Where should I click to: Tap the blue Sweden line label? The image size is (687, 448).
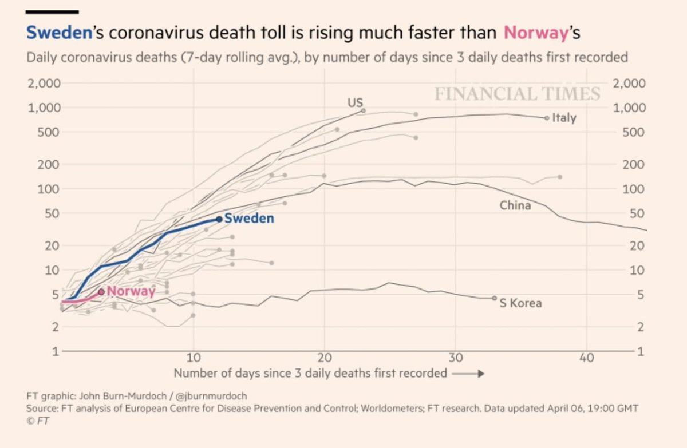click(249, 219)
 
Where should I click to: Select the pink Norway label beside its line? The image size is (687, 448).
click(131, 291)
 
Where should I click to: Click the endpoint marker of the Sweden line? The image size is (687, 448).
click(219, 219)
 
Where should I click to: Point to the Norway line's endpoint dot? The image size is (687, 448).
click(101, 292)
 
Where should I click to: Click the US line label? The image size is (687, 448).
click(355, 103)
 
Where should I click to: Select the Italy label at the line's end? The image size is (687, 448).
click(564, 118)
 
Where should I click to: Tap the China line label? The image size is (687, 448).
click(515, 205)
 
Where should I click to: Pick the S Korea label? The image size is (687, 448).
click(520, 303)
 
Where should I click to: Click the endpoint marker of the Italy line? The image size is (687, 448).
click(547, 118)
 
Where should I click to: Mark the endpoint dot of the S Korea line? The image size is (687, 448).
click(495, 298)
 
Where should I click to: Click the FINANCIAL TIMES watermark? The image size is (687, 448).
click(517, 94)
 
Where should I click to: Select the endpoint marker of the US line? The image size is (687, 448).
click(363, 110)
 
